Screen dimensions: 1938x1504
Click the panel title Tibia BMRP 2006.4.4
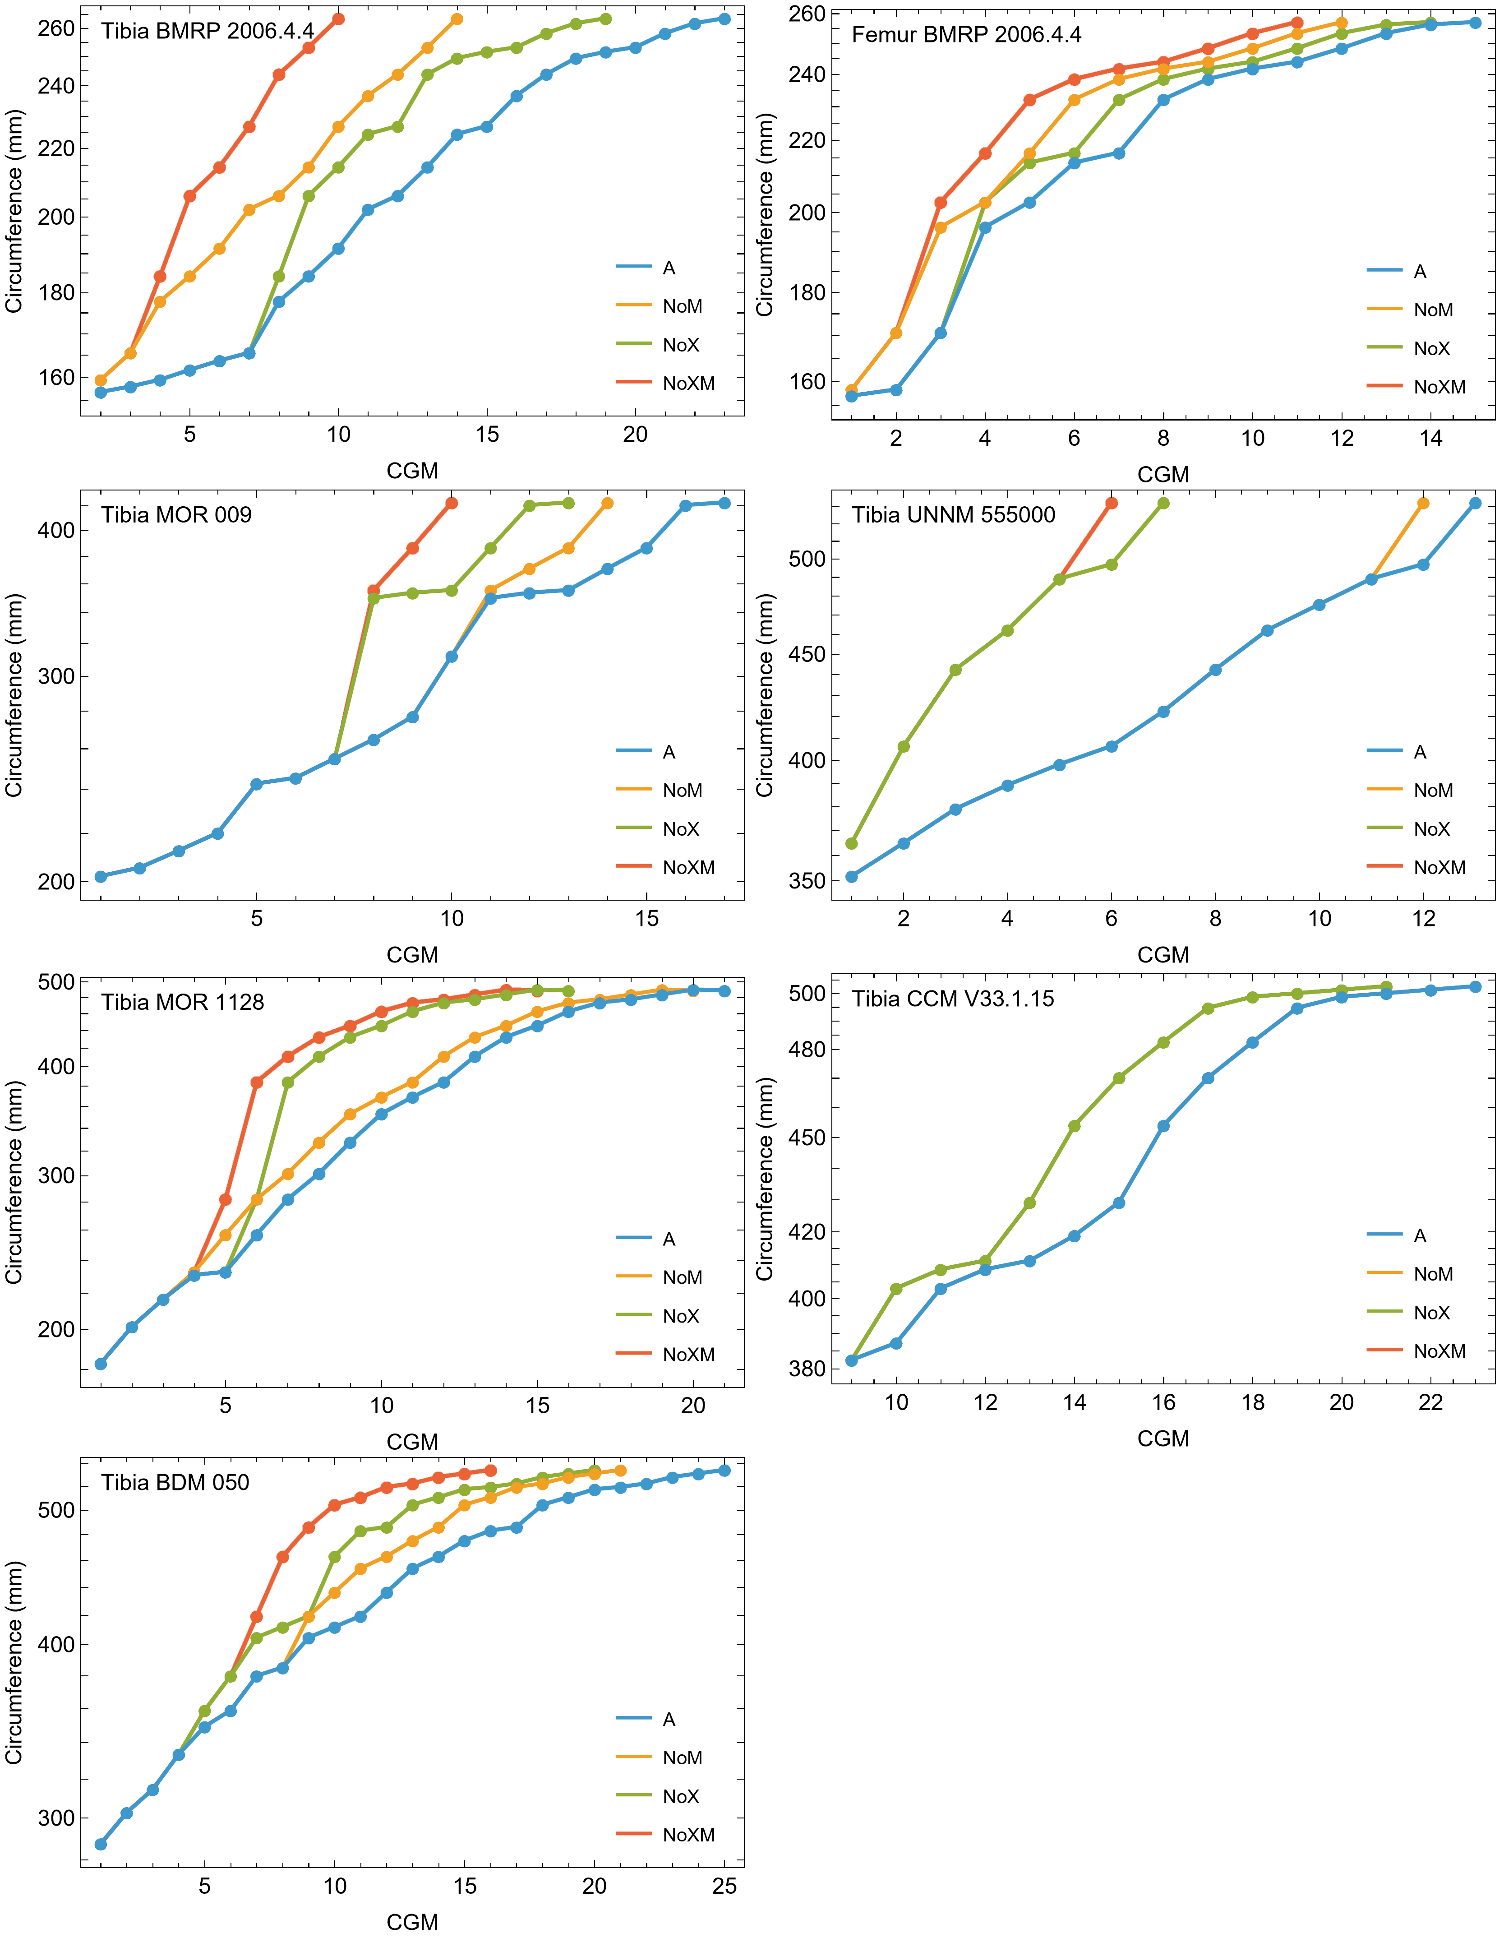(208, 31)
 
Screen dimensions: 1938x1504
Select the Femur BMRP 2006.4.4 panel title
(966, 35)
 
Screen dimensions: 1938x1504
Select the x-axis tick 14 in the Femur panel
(1430, 438)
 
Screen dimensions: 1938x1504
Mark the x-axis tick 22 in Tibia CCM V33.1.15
(1430, 1403)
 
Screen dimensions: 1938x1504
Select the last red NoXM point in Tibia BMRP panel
(338, 19)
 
